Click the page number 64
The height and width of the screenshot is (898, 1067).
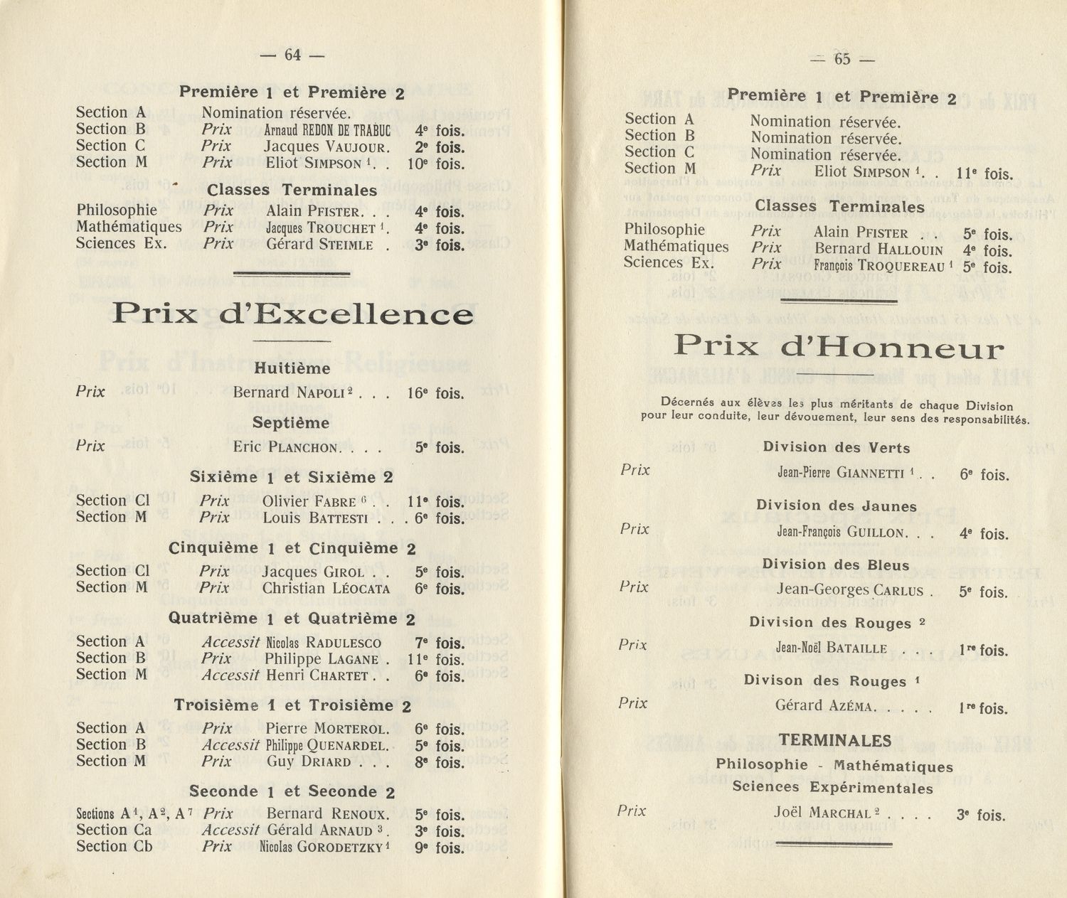292,55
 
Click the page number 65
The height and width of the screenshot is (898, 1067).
842,60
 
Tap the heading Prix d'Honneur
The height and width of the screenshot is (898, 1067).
839,347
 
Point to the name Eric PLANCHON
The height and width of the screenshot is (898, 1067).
288,448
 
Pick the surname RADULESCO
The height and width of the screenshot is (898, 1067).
345,643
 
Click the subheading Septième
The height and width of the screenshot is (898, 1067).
291,423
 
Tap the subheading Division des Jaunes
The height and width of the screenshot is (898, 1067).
836,506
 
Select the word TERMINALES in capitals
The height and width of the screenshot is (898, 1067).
835,741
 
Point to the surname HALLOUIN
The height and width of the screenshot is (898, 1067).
910,250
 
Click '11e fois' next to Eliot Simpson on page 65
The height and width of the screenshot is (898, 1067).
984,173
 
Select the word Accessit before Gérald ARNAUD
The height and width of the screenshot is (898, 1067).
230,830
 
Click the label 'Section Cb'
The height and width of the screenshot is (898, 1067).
114,846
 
